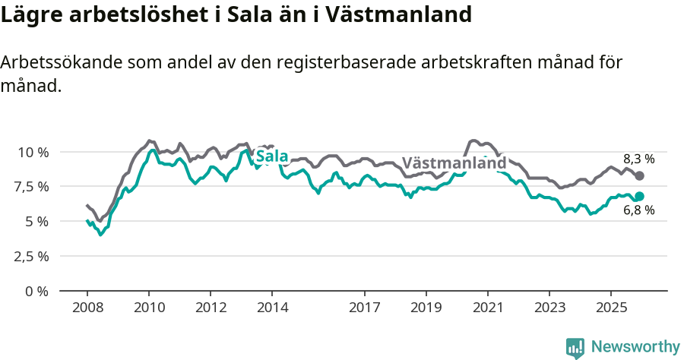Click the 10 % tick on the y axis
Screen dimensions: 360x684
(x=33, y=152)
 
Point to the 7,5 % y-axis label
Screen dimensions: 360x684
(x=33, y=186)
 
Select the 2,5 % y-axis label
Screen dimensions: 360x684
(x=33, y=256)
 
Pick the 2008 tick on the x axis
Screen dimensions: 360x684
(x=87, y=308)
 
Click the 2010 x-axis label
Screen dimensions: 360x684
(x=149, y=308)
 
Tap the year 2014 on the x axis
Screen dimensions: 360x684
(x=272, y=308)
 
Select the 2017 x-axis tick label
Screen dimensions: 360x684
(x=364, y=308)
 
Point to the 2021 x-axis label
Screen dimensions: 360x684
(x=487, y=308)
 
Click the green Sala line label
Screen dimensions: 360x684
(x=272, y=157)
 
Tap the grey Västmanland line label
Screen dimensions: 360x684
(x=454, y=163)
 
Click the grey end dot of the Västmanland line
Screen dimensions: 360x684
(x=640, y=175)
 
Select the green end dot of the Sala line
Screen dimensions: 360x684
(x=640, y=197)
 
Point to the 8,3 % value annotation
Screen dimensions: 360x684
(x=638, y=159)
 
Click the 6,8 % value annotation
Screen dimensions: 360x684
(x=638, y=211)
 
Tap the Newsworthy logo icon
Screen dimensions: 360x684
(x=575, y=347)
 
